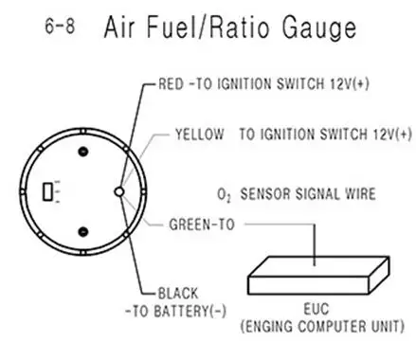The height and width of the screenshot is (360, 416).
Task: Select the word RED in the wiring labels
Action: coord(170,85)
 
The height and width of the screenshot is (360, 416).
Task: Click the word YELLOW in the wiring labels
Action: coord(199,135)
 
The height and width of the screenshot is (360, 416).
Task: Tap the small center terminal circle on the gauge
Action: coord(118,192)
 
